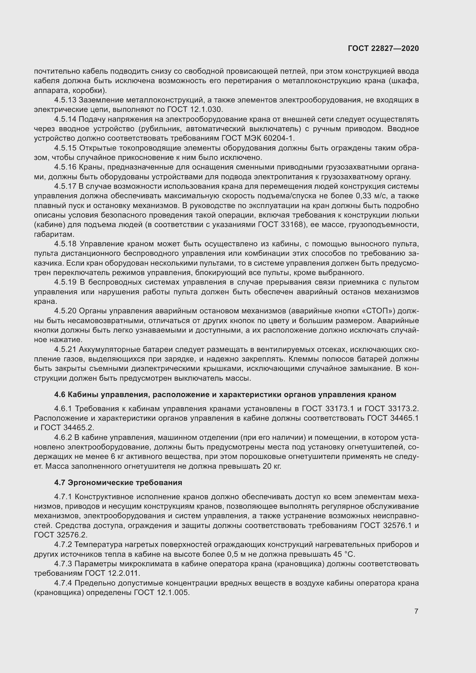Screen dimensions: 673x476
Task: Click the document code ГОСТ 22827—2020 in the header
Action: pos(383,48)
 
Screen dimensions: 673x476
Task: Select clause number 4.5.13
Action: pos(65,100)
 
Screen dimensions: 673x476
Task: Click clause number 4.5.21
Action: pos(65,349)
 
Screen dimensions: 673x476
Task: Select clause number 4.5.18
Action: pos(65,244)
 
